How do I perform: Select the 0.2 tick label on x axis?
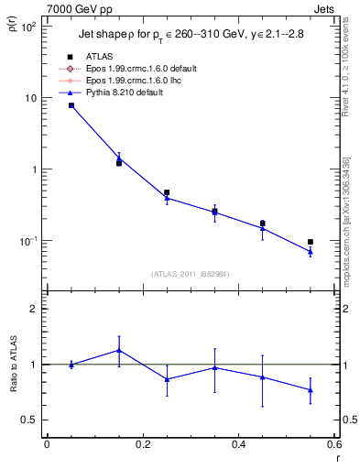click(142, 444)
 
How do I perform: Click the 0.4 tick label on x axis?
click(238, 444)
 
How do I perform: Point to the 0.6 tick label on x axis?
click(333, 444)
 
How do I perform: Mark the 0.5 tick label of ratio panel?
click(29, 420)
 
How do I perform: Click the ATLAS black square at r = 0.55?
click(311, 242)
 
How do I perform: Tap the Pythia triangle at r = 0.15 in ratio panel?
click(119, 350)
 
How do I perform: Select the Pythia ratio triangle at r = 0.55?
click(311, 390)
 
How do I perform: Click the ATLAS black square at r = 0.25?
click(167, 193)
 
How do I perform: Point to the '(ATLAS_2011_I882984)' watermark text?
click(190, 274)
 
